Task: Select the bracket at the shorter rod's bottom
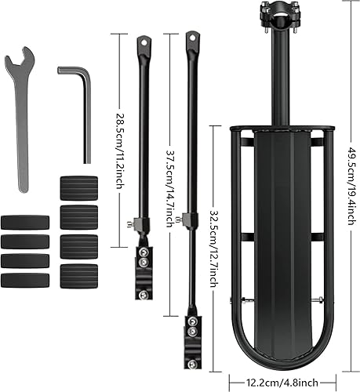click(x=146, y=257)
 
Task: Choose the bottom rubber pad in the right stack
click(x=78, y=276)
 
